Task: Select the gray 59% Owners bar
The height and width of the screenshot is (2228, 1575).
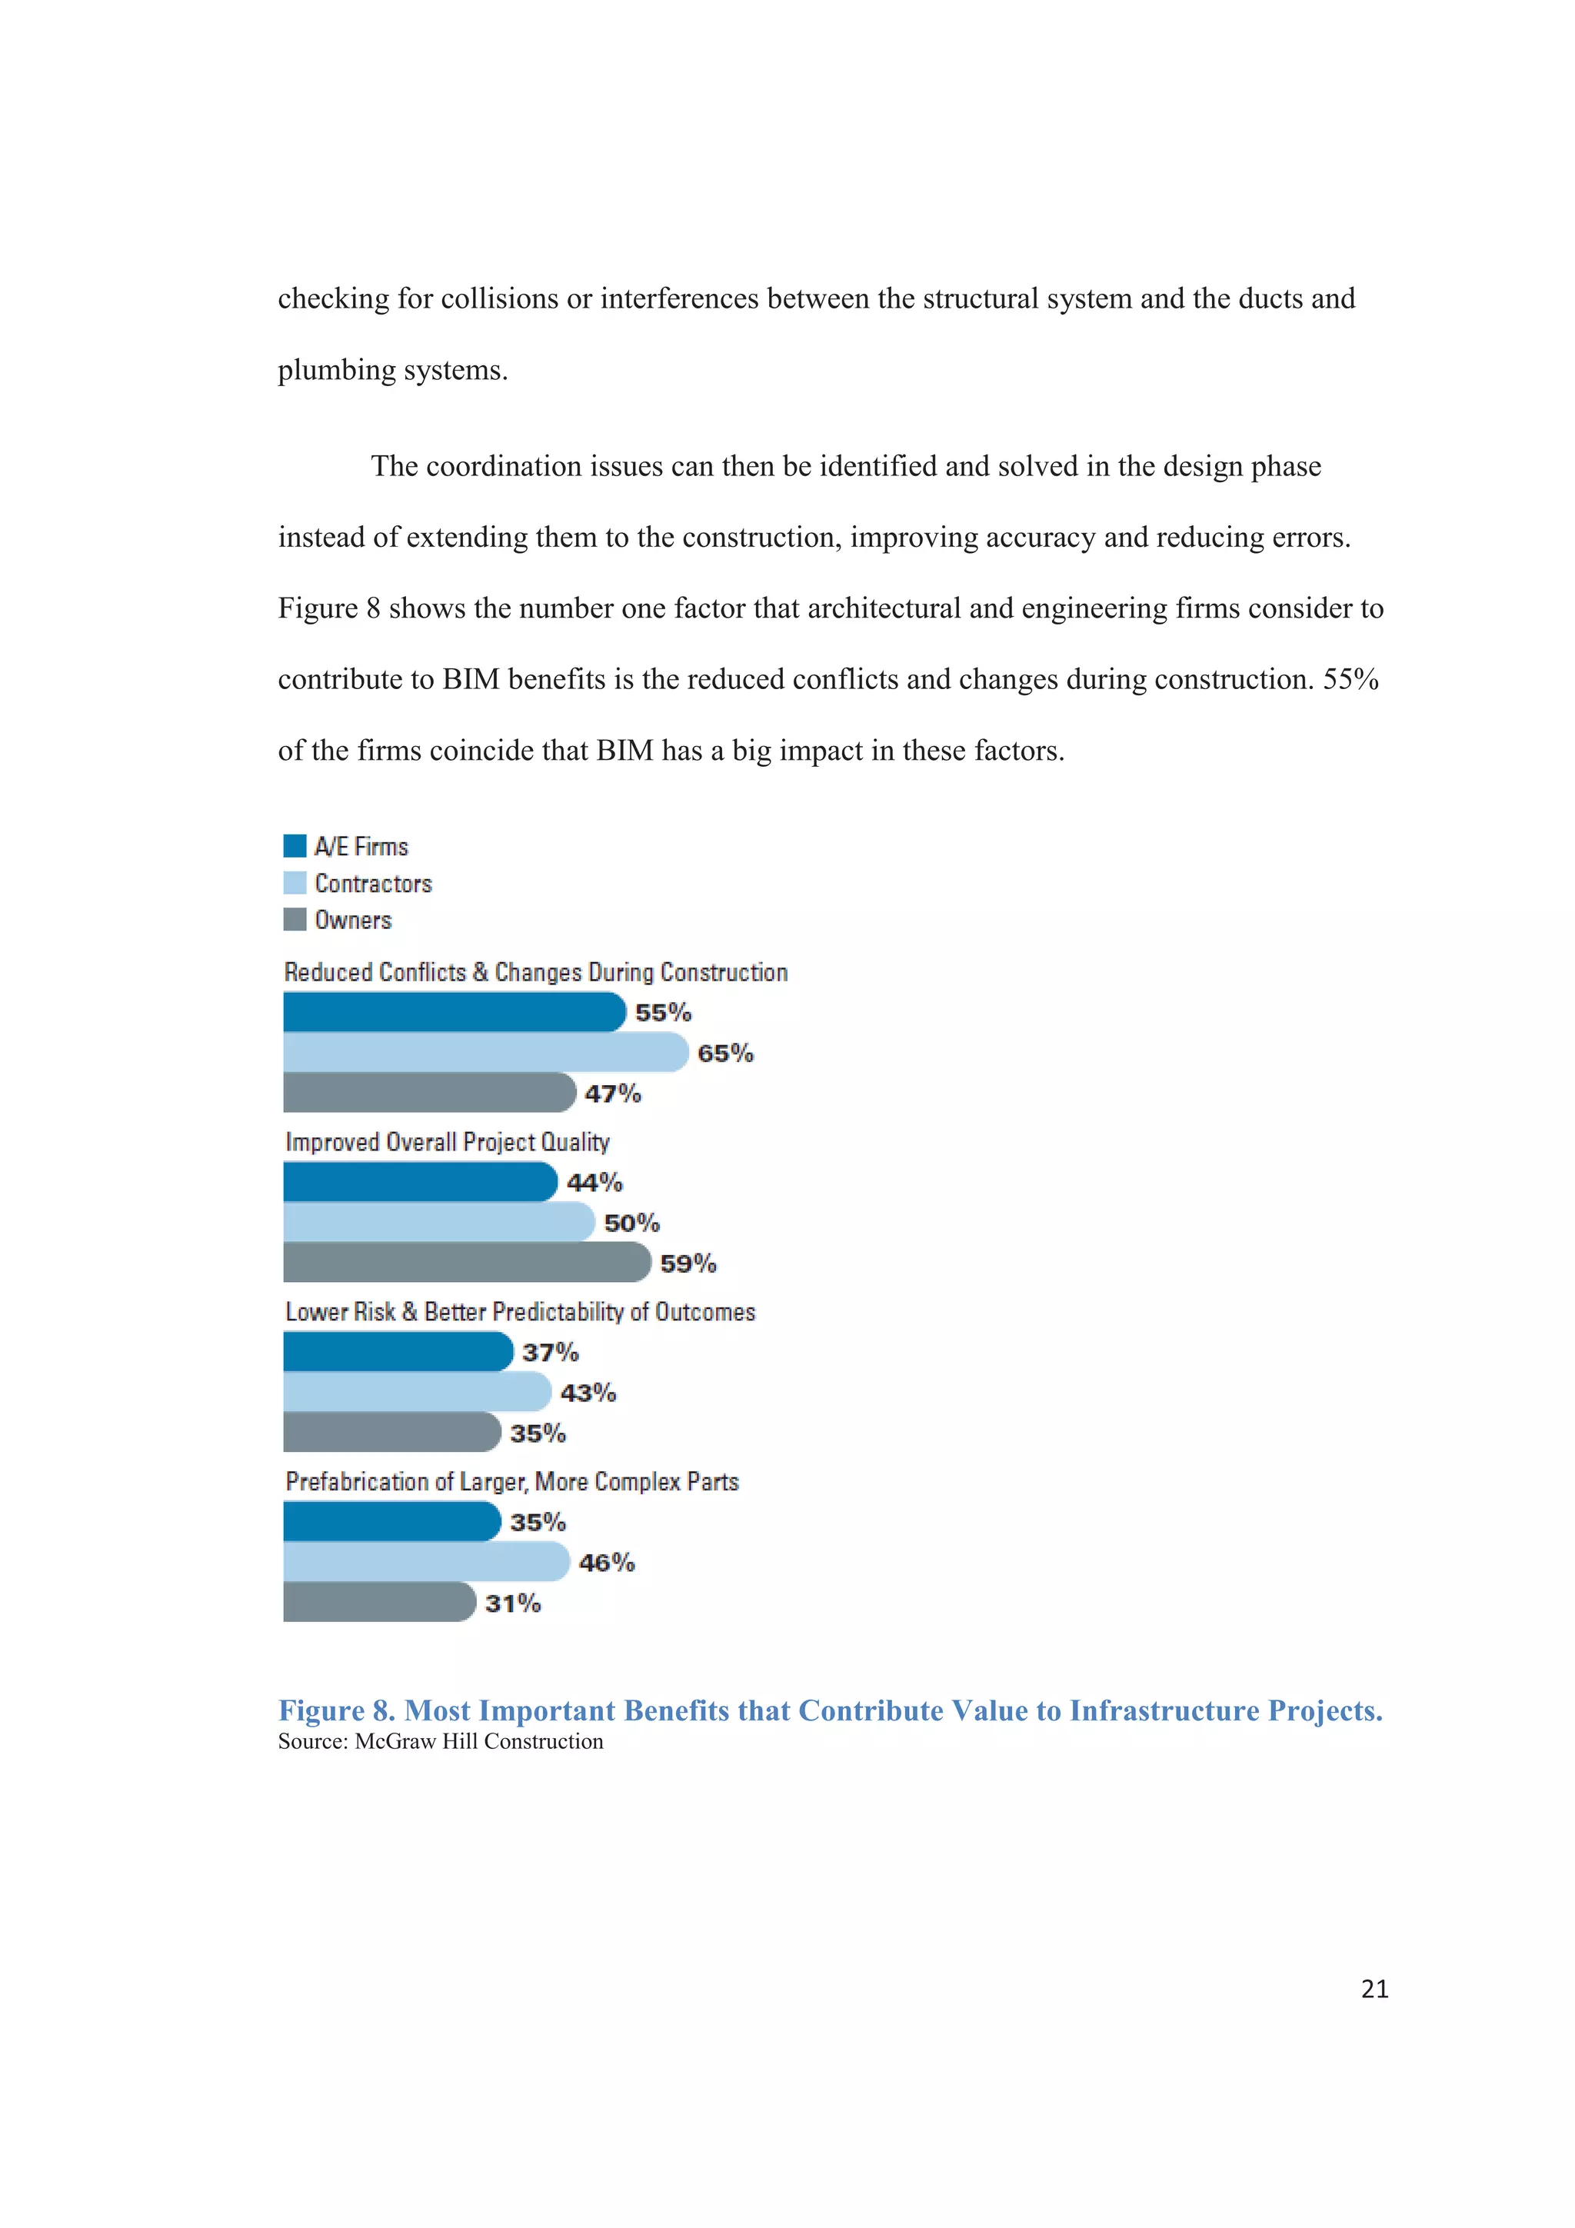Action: (466, 1263)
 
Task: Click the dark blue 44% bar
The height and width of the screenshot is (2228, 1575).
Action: (419, 1182)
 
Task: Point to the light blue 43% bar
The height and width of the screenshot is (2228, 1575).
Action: (416, 1393)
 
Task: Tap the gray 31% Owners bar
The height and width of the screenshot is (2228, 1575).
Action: (378, 1602)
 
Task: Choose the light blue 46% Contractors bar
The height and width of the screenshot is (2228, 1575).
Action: (425, 1562)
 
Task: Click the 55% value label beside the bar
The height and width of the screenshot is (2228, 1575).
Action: (664, 1013)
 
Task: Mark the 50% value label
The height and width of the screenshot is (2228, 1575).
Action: (631, 1223)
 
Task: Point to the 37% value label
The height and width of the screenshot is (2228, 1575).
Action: (550, 1353)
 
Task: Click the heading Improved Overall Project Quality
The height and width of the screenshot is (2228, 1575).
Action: (448, 1142)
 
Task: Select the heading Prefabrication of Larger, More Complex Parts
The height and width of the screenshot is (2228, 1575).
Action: (512, 1482)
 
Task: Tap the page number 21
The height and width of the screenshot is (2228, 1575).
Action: (1374, 1990)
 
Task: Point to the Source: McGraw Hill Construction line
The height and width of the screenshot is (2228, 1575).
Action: (441, 1742)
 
